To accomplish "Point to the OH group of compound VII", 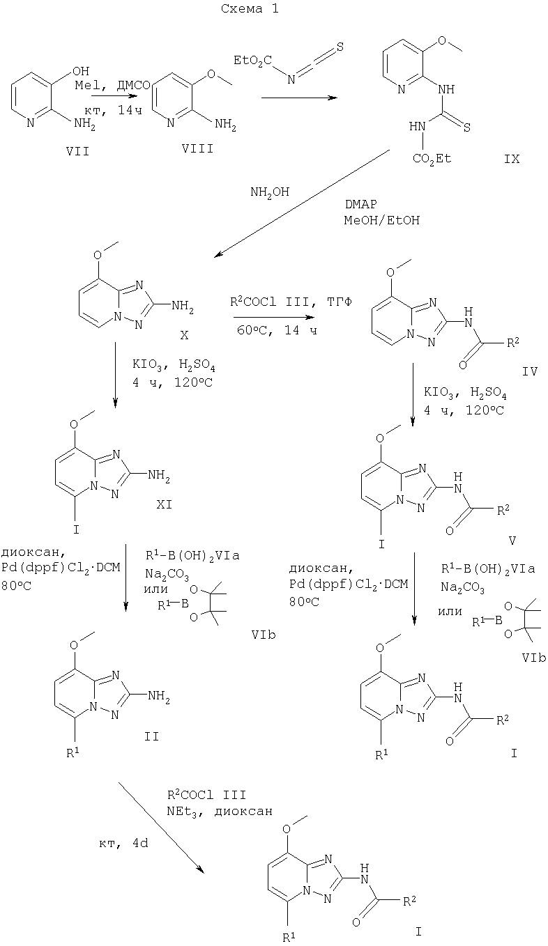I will point(81,71).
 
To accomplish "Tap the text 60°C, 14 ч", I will point(276,331).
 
